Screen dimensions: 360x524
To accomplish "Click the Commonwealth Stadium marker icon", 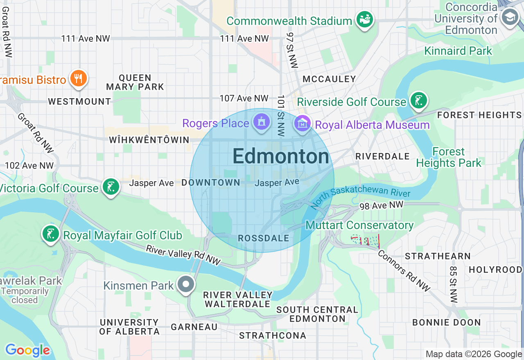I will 364,19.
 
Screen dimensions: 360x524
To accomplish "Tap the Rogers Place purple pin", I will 261,122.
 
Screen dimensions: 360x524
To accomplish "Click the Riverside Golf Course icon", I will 418,101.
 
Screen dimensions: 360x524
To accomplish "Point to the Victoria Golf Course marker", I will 111,187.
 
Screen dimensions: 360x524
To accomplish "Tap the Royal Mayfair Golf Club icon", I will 50,234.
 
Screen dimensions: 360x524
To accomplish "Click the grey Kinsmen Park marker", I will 186,284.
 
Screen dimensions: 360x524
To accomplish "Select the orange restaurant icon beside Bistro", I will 78,78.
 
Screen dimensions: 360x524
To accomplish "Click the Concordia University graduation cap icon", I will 510,17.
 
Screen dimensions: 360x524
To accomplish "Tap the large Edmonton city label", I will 281,157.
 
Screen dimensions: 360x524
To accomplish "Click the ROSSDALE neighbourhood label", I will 264,238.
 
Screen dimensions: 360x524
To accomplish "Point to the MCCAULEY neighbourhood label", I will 329,79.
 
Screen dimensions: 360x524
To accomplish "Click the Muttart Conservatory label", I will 359,225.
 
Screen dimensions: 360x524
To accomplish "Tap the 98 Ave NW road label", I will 381,205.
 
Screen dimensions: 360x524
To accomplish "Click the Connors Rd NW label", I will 404,271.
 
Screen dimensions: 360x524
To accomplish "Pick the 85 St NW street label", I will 453,285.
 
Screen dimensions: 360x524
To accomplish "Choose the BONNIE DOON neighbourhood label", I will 446,322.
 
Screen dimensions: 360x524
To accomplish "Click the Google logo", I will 27,350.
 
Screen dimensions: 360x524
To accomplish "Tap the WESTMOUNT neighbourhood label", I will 79,101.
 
